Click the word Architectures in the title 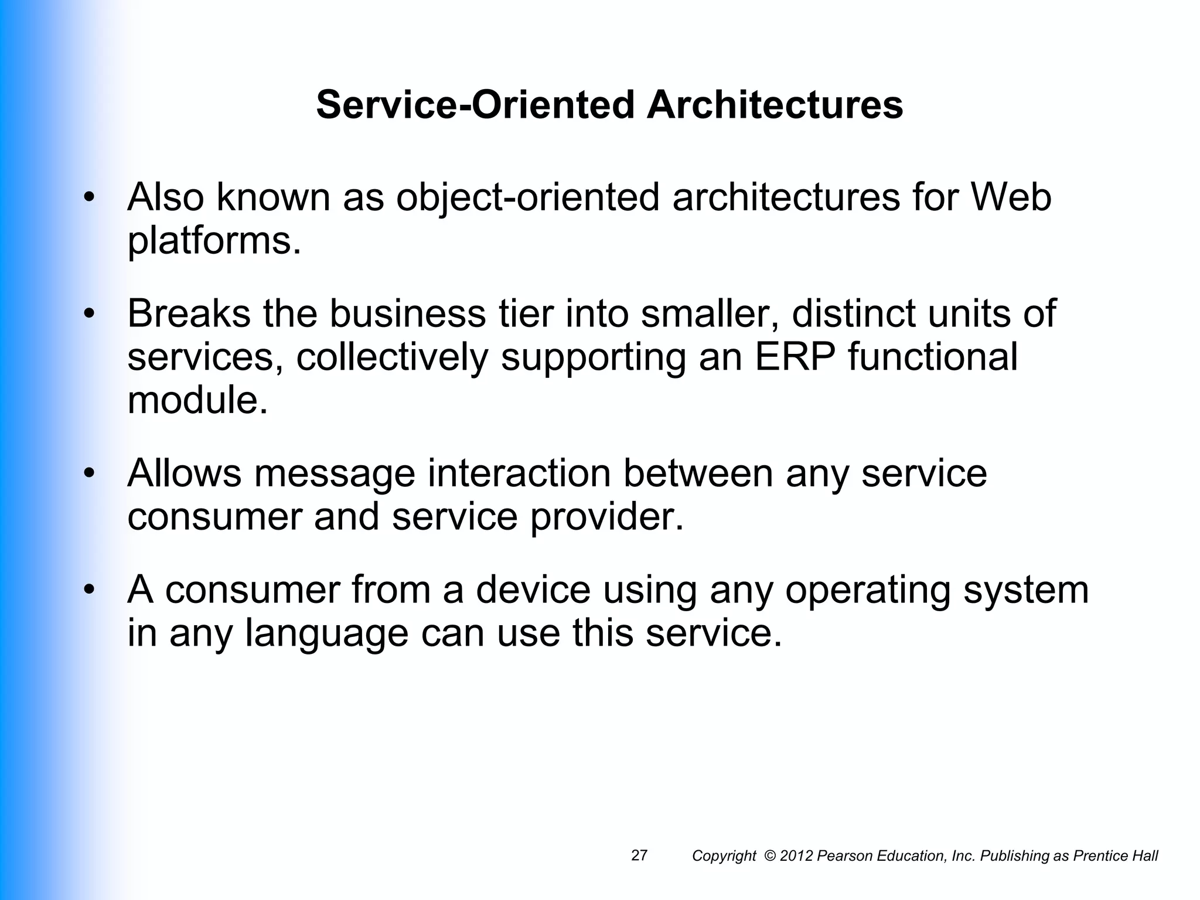[x=775, y=105]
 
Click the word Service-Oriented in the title [x=475, y=105]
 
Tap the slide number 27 [x=639, y=855]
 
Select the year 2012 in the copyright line [x=797, y=856]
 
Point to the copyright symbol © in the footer [x=771, y=856]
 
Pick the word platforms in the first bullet [x=213, y=241]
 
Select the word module [x=197, y=400]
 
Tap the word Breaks [x=189, y=313]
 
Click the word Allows [x=184, y=473]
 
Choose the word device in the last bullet [x=533, y=589]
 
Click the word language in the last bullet [x=326, y=633]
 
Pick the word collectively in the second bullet [x=391, y=357]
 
